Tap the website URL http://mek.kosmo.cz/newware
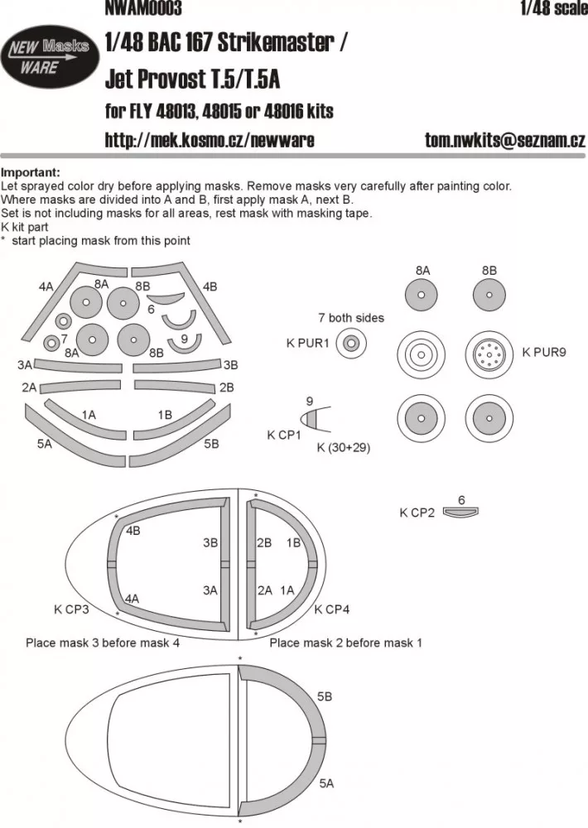click(x=209, y=140)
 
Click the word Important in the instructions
click(x=30, y=172)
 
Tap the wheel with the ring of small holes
click(x=489, y=355)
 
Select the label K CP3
click(x=72, y=610)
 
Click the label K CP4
click(x=331, y=610)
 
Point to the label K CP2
click(x=417, y=513)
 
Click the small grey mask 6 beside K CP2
click(x=461, y=513)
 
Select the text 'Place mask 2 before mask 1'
click(x=345, y=642)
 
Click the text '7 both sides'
click(x=350, y=318)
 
